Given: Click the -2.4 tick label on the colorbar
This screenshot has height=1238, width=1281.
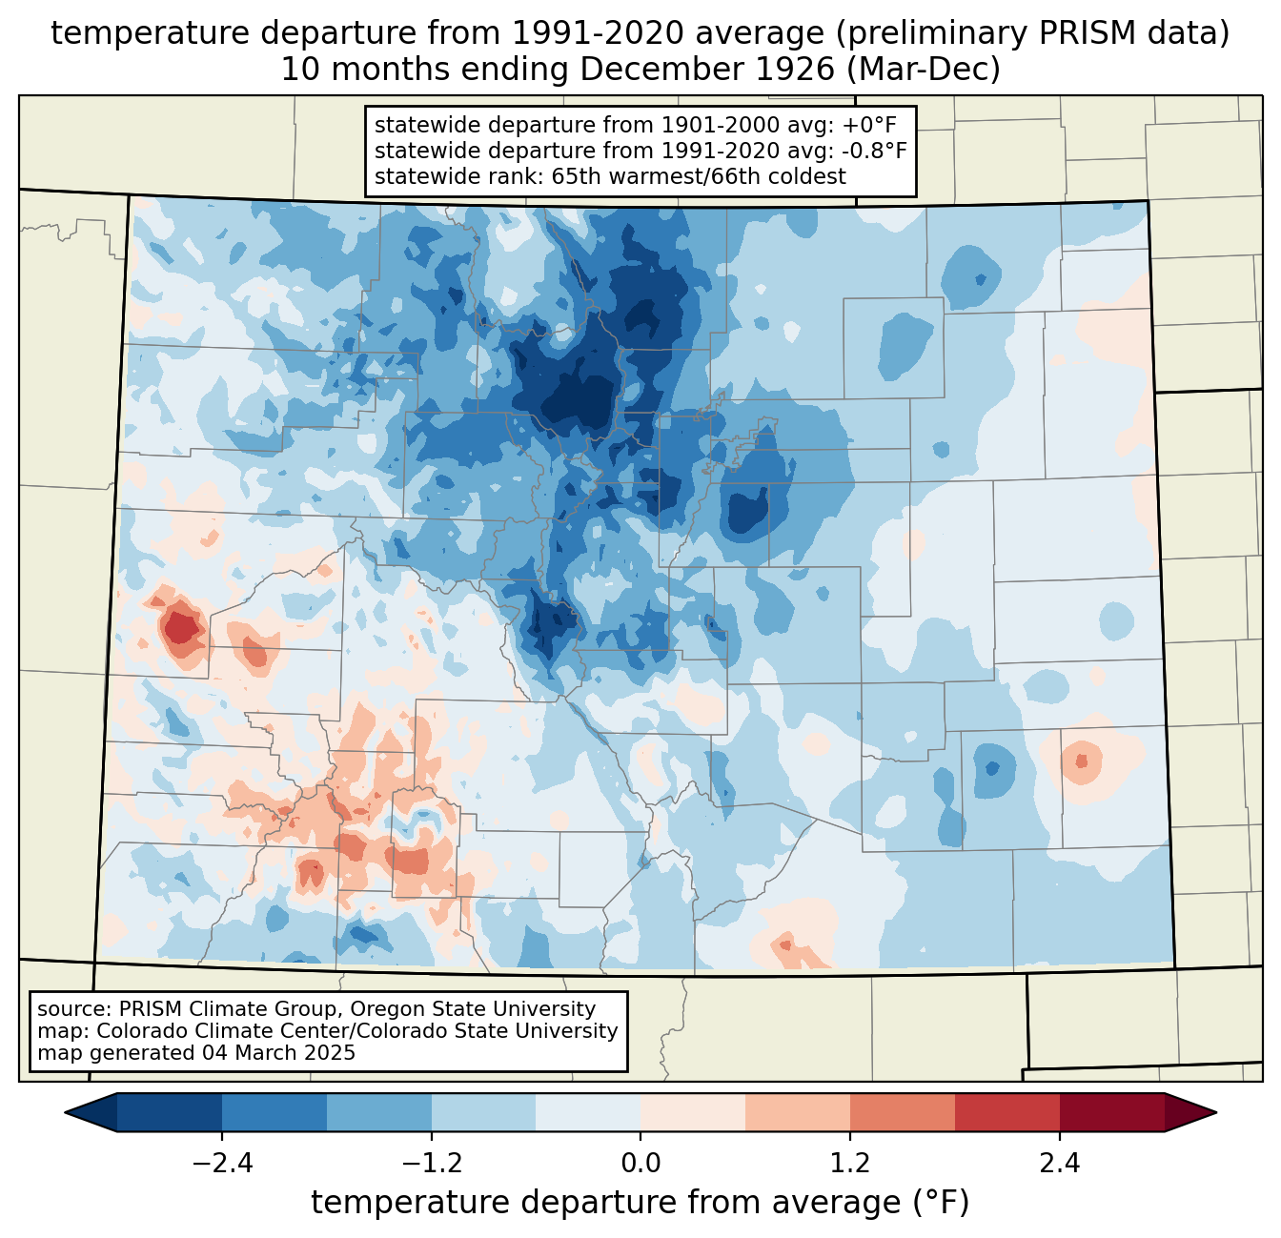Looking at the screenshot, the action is click(222, 1164).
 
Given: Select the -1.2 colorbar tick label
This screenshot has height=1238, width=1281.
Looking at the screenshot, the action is click(432, 1164).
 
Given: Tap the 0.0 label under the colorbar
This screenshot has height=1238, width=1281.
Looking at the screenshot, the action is click(640, 1164).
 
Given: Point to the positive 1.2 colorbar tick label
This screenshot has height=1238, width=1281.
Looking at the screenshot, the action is click(850, 1164).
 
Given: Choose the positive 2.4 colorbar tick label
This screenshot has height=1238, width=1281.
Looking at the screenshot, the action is click(1060, 1164).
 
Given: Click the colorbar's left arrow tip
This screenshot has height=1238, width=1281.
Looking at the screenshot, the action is click(65, 1113).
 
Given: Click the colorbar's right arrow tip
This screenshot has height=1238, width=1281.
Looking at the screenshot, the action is click(1216, 1113).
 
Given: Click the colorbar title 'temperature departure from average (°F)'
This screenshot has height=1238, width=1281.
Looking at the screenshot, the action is click(640, 1203).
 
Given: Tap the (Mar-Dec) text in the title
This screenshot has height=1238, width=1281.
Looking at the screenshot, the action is click(923, 70).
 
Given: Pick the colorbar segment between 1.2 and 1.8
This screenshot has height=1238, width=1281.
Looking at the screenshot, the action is click(903, 1113).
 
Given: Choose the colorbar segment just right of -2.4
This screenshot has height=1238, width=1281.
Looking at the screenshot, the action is click(274, 1113).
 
